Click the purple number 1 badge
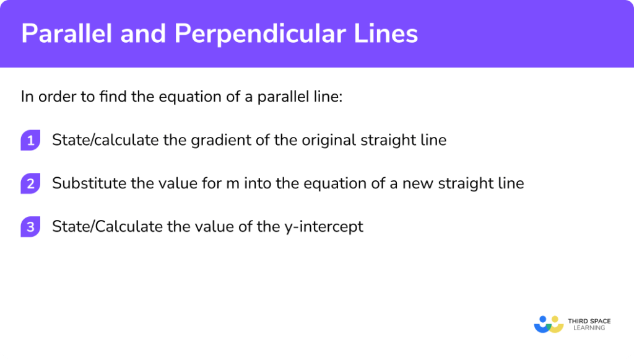[30, 141]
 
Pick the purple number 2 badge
[30, 184]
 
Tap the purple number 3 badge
[30, 227]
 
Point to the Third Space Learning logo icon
[548, 323]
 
